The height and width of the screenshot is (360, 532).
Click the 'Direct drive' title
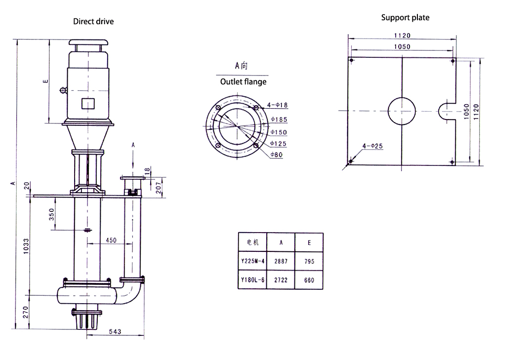pyautogui.click(x=93, y=21)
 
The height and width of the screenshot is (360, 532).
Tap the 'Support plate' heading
pyautogui.click(x=405, y=18)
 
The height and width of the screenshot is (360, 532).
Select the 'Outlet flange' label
pyautogui.click(x=243, y=82)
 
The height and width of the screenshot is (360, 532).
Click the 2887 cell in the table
pyautogui.click(x=281, y=261)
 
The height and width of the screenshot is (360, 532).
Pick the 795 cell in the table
pyautogui.click(x=309, y=261)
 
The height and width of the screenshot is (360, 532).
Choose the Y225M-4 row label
pyautogui.click(x=252, y=261)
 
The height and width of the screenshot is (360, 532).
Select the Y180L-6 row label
pyautogui.click(x=252, y=280)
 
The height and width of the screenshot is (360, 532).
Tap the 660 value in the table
pyautogui.click(x=309, y=280)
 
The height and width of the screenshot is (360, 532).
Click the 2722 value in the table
pyautogui.click(x=281, y=280)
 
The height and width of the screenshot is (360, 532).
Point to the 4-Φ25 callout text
pyautogui.click(x=372, y=146)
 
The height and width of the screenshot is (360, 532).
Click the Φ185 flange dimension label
pyautogui.click(x=279, y=120)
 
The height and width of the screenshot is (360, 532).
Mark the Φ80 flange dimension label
pyautogui.click(x=277, y=155)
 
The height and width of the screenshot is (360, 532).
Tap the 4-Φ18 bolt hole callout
pyautogui.click(x=277, y=105)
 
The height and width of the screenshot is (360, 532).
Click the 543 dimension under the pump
pyautogui.click(x=115, y=331)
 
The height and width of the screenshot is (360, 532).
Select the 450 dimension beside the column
pyautogui.click(x=111, y=240)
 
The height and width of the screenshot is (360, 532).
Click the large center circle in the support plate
pyautogui.click(x=402, y=111)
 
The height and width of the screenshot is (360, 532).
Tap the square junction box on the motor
pyautogui.click(x=87, y=104)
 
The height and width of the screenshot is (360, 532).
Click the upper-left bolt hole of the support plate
pyautogui.click(x=351, y=61)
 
